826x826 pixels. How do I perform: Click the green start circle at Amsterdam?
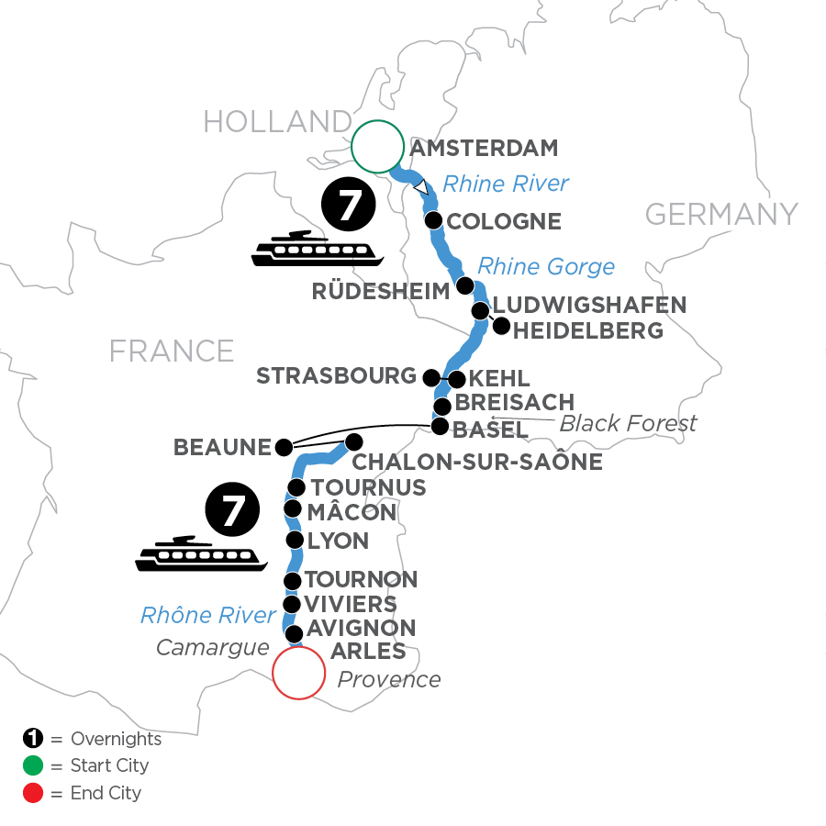tap(377, 147)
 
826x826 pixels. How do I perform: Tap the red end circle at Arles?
tap(299, 674)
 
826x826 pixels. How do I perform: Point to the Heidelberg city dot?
tap(500, 325)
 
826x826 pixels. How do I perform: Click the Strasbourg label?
tap(336, 376)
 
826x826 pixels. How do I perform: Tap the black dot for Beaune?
tap(284, 448)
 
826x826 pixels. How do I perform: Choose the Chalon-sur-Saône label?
tap(476, 462)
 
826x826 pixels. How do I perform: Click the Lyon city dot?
tap(294, 540)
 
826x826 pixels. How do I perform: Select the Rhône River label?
tap(208, 616)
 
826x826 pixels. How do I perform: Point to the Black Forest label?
tap(628, 423)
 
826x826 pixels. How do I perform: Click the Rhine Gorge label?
tap(546, 266)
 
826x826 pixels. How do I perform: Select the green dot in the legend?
tap(29, 765)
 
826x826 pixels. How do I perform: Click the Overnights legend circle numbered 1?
tap(29, 739)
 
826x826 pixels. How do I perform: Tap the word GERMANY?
tap(721, 215)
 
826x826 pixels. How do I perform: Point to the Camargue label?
tap(212, 647)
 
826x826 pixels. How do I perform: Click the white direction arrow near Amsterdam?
tap(420, 187)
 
